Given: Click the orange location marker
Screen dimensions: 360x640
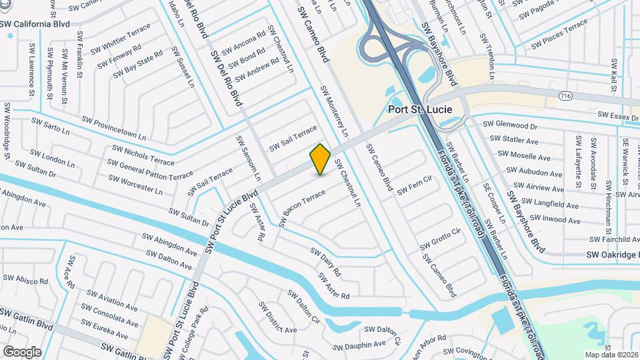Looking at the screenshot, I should (x=321, y=159).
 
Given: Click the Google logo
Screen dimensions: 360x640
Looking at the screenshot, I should (x=22, y=351).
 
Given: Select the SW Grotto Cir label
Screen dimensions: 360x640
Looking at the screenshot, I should (x=441, y=240).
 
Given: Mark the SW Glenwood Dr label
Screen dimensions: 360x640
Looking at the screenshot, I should (x=509, y=125).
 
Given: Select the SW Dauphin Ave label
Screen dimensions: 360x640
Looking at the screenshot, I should (x=361, y=345).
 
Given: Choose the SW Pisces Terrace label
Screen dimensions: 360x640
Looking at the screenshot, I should (x=560, y=33).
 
